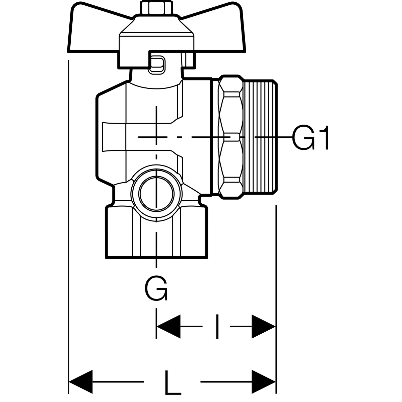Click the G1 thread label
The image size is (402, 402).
tap(310, 137)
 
